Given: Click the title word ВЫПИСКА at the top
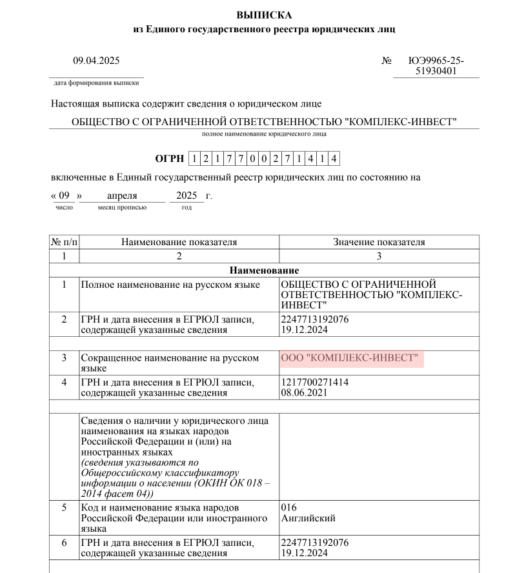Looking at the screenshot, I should click(x=264, y=15).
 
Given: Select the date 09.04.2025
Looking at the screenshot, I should click(x=96, y=61).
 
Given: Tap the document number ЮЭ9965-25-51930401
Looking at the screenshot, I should click(x=436, y=66).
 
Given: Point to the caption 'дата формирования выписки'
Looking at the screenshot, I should click(x=97, y=83).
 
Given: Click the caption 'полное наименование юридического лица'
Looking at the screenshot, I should click(x=264, y=134).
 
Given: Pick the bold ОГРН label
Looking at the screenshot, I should click(x=169, y=159).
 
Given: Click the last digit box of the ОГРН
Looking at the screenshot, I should click(x=334, y=159).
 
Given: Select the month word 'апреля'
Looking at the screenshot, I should click(x=123, y=196).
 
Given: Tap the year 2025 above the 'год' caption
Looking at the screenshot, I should click(x=186, y=196).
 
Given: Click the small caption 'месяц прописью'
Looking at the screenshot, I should click(x=122, y=208).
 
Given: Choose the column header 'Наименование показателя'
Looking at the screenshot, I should click(x=179, y=242).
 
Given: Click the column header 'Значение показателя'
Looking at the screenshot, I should click(x=379, y=242).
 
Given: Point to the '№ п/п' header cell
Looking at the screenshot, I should click(x=64, y=242).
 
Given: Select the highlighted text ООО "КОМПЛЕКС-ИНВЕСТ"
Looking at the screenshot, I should click(x=350, y=358).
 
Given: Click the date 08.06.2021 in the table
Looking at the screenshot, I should click(x=305, y=392).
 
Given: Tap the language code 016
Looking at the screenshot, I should click(x=289, y=507).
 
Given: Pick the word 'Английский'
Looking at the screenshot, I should click(x=308, y=518).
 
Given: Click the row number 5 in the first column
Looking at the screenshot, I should click(x=64, y=507).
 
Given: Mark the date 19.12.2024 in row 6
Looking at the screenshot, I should click(x=305, y=553).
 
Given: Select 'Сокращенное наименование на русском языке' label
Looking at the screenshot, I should click(x=169, y=363).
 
